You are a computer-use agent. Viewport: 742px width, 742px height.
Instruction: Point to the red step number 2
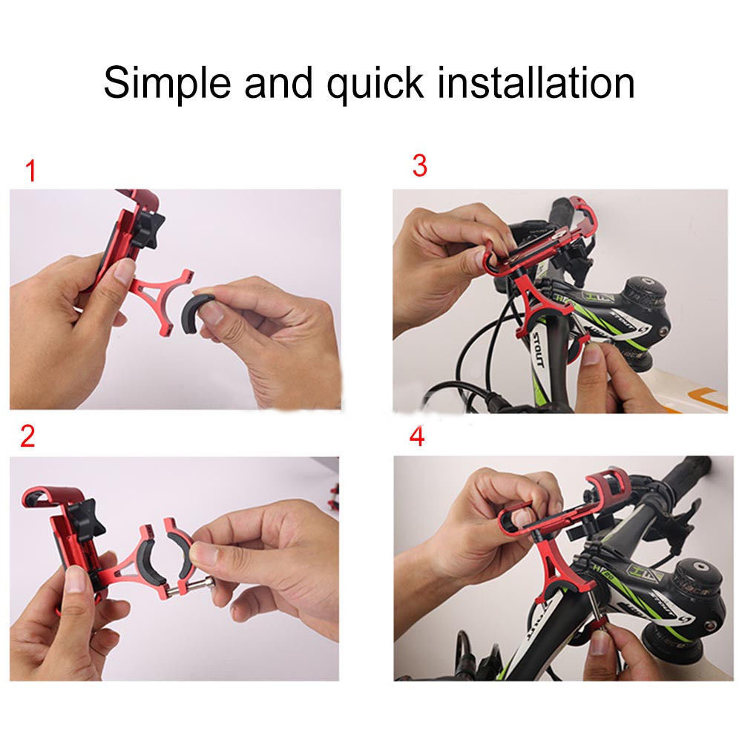pyautogui.click(x=27, y=436)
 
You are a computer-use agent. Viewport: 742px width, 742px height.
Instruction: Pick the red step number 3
pyautogui.click(x=420, y=167)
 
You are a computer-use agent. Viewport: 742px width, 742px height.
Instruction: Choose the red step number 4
pyautogui.click(x=417, y=436)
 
